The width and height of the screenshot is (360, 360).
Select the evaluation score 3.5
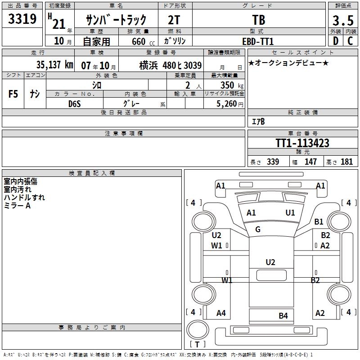[342, 20]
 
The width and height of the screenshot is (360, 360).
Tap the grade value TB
[259, 20]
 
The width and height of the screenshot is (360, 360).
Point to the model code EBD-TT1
[258, 41]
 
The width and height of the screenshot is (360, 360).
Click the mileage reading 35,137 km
[54, 65]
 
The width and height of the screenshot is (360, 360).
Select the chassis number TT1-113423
[302, 143]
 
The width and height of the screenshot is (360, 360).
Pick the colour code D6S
[74, 103]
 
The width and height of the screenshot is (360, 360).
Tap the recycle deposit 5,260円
[230, 103]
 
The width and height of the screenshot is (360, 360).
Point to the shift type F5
[13, 94]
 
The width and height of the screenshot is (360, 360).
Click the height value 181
[347, 162]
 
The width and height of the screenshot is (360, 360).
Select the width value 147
[310, 162]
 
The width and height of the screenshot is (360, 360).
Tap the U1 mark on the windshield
[290, 213]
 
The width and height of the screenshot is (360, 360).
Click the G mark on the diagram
[258, 229]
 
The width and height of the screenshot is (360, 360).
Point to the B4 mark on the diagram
[283, 315]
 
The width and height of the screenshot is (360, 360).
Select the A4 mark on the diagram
[221, 313]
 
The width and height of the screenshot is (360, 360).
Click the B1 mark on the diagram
[319, 221]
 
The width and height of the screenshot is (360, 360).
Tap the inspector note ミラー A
[17, 205]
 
